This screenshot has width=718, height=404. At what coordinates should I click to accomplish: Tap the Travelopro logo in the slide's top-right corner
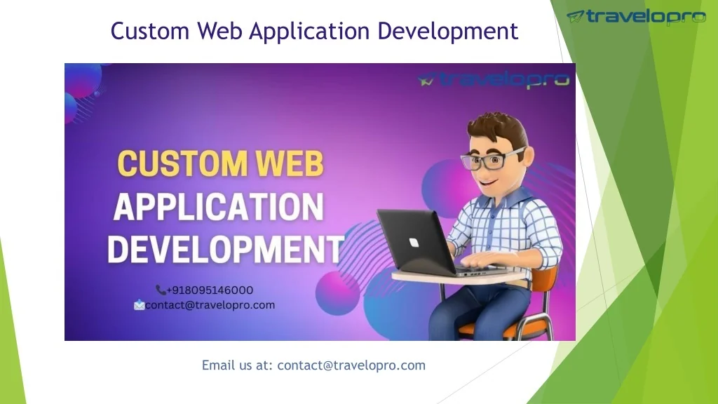tap(636, 17)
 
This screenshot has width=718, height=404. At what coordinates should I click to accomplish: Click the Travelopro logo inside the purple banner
tap(494, 80)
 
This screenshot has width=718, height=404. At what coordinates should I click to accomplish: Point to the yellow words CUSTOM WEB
tap(220, 164)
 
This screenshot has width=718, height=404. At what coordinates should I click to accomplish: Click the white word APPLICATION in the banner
tap(219, 207)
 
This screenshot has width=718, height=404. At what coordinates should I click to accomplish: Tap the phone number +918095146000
tap(210, 290)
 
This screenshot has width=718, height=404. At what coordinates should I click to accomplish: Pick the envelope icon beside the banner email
tap(140, 305)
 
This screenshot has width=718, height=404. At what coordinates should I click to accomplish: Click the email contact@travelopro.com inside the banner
tap(210, 305)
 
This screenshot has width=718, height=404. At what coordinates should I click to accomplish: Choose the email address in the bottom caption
tap(351, 365)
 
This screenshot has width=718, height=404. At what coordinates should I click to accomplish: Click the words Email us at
tap(237, 365)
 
